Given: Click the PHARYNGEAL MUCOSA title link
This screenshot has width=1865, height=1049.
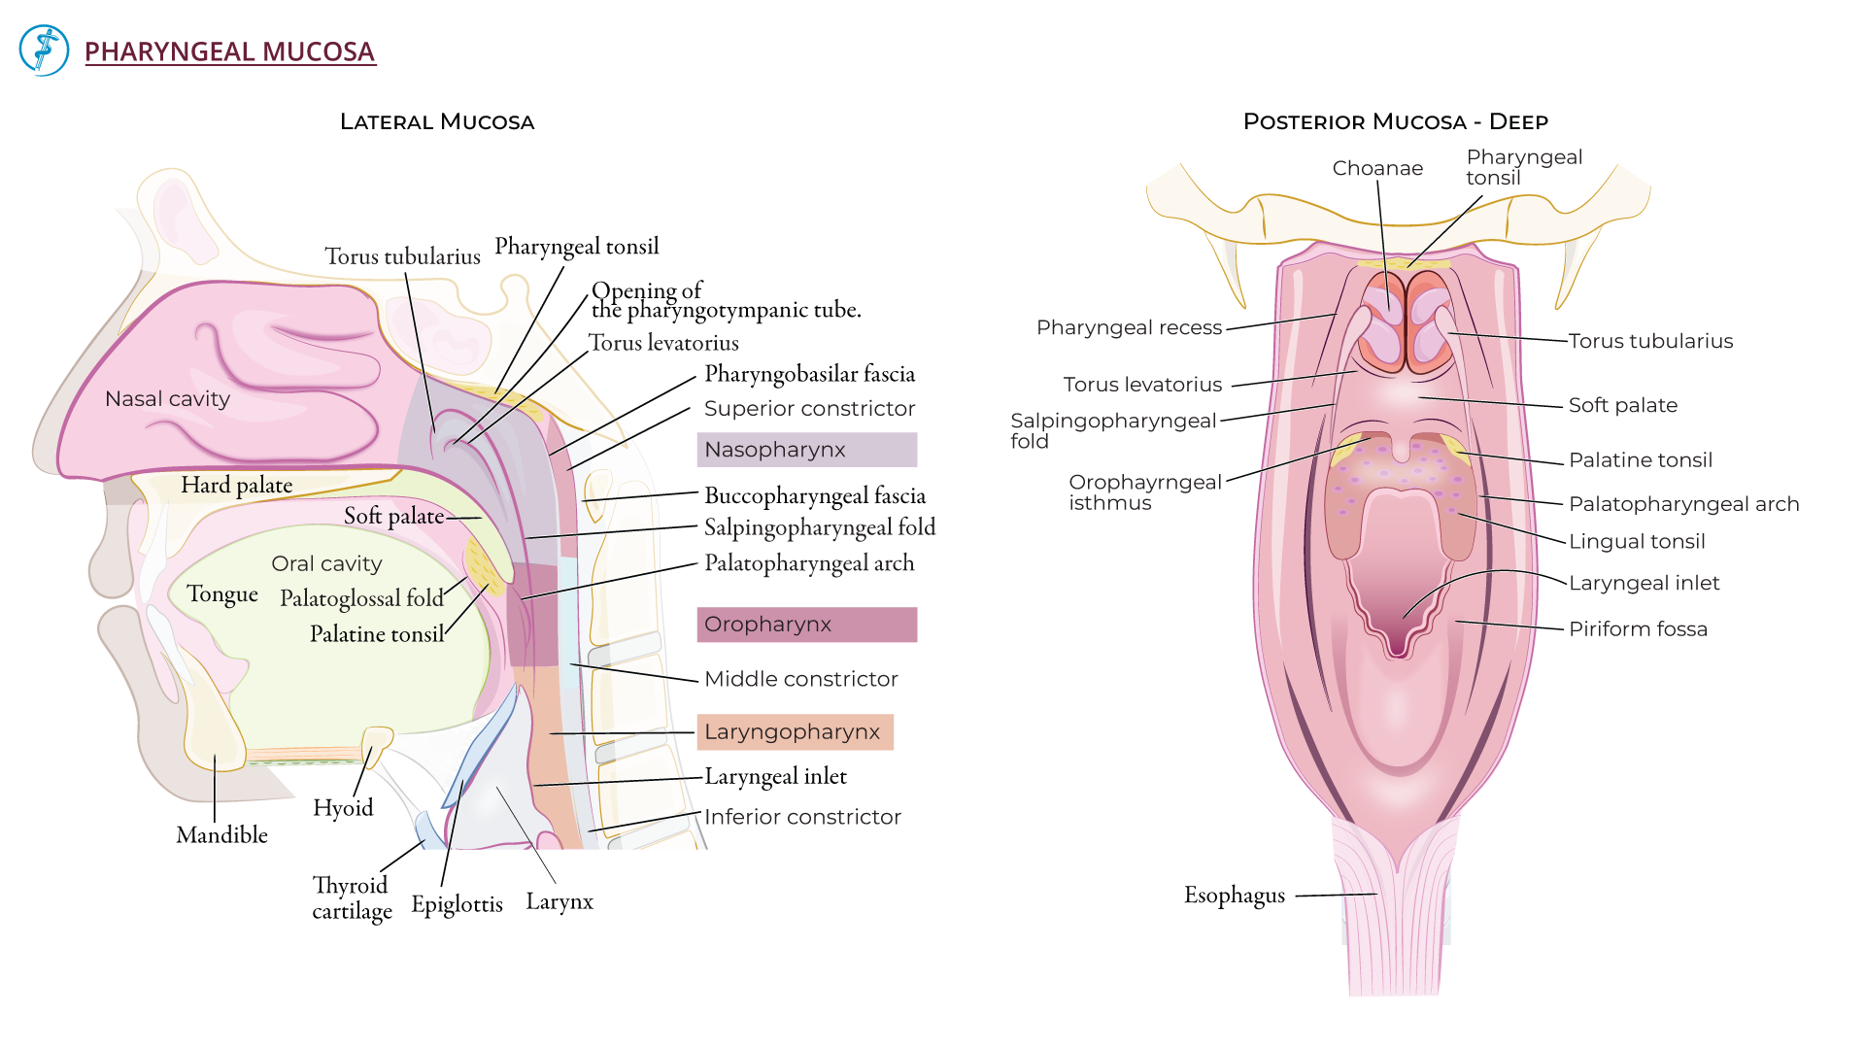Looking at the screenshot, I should click(x=229, y=51).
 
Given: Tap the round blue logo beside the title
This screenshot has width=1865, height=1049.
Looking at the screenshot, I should click(x=44, y=51).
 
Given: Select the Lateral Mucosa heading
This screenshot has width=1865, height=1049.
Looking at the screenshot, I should click(x=437, y=122).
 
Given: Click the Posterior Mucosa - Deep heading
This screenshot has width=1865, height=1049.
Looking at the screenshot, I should click(x=1395, y=122).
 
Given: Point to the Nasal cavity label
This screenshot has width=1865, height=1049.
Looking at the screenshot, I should click(x=167, y=399).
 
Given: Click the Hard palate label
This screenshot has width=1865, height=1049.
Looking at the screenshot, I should click(x=236, y=485).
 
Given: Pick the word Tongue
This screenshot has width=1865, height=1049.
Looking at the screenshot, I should click(x=222, y=594).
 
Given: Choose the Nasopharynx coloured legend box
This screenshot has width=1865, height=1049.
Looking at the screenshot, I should click(x=806, y=450).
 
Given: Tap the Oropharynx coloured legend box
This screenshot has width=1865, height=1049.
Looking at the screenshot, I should click(x=806, y=625).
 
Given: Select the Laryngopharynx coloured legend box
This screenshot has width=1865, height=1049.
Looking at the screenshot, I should click(x=795, y=732).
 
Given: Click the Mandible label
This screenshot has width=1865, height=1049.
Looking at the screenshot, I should click(x=221, y=835).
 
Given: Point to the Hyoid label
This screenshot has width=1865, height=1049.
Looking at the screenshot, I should click(x=343, y=808).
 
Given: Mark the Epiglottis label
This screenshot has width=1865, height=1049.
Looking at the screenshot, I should click(x=457, y=904).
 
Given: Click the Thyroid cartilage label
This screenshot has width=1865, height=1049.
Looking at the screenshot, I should click(x=352, y=898).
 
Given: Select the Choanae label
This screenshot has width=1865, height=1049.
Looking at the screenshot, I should click(x=1377, y=169).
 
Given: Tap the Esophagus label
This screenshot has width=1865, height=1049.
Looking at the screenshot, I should click(x=1234, y=896).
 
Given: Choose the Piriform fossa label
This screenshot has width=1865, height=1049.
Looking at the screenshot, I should click(x=1638, y=629).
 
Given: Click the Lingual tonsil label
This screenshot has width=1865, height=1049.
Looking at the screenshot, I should click(x=1637, y=542).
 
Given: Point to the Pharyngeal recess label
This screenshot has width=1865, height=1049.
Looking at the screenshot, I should click(x=1129, y=328).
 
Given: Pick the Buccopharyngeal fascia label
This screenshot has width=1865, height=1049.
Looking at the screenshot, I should click(x=815, y=496).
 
